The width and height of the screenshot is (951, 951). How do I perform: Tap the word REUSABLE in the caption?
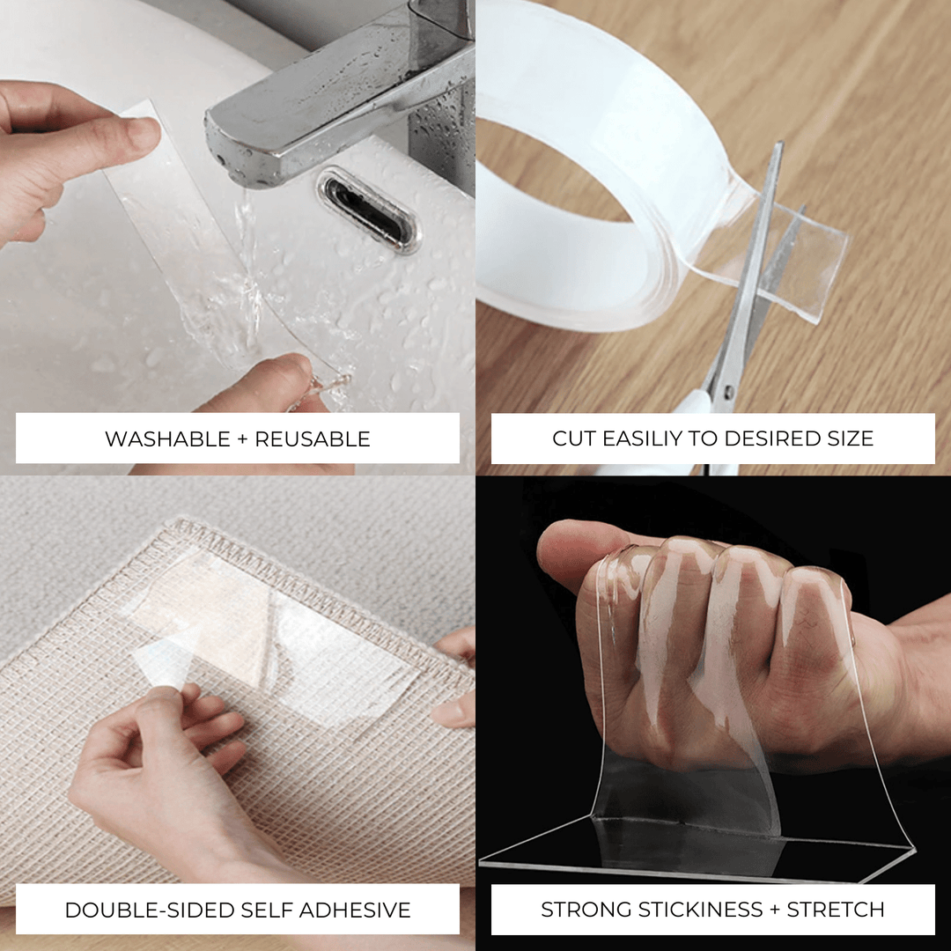point(312,439)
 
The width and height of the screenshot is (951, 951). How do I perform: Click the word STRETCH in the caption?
point(836,910)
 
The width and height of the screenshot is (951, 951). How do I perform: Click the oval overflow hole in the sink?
point(368,210)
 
